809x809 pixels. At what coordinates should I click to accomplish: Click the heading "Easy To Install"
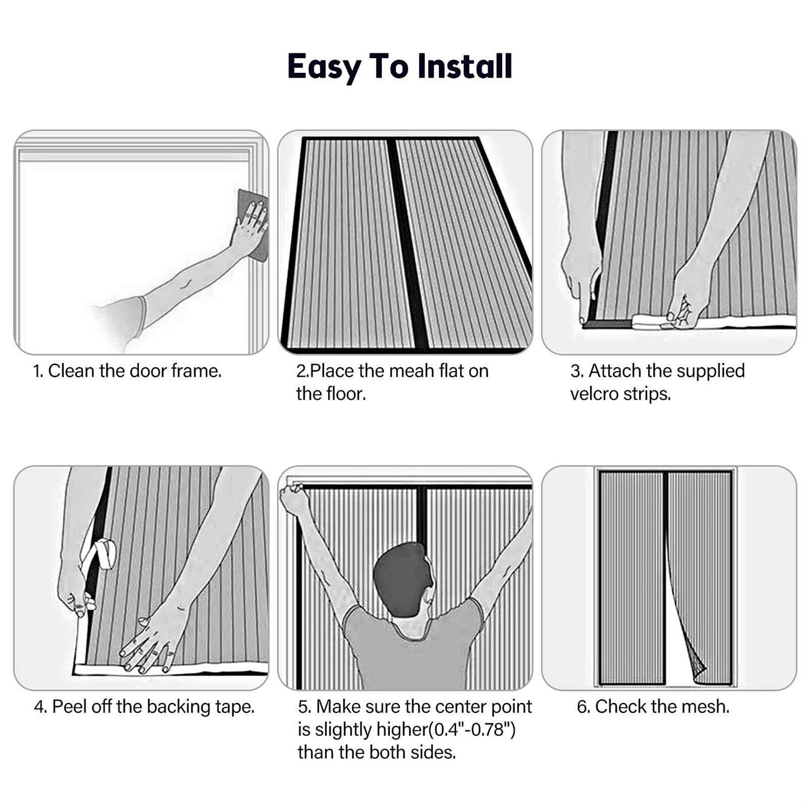click(399, 66)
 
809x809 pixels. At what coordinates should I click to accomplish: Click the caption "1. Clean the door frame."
click(127, 371)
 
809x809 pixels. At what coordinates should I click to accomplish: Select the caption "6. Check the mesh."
click(653, 707)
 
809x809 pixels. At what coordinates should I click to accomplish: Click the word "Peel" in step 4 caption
click(70, 707)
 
